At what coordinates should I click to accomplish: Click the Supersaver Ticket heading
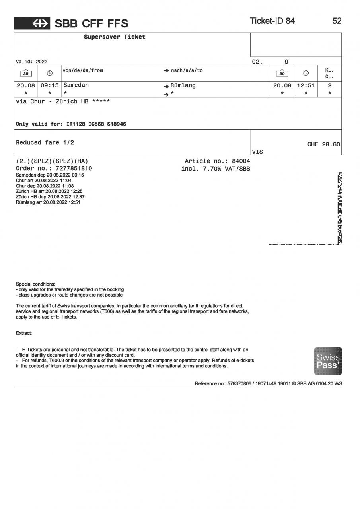pos(115,37)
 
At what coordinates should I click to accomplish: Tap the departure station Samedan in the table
pos(76,85)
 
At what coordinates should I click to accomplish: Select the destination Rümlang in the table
pos(183,85)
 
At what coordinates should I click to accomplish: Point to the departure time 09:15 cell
pos(50,85)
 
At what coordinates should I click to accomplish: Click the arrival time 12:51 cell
pos(306,85)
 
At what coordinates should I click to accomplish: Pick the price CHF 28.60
pos(323,144)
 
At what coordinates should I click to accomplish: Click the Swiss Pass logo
pos(328,361)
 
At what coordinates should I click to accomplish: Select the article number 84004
pos(241,161)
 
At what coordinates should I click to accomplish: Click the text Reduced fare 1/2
pos(45,142)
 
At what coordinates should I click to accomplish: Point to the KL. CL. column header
pos(329,73)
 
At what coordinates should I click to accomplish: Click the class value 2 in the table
pos(329,85)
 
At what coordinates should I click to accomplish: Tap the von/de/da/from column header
pos(83,70)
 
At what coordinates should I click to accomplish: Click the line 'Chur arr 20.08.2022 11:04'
pos(44,181)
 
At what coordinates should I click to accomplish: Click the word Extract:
pos(24,333)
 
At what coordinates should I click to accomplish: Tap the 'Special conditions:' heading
pos(35,284)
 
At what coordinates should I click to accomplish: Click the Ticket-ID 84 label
pos(272,21)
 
